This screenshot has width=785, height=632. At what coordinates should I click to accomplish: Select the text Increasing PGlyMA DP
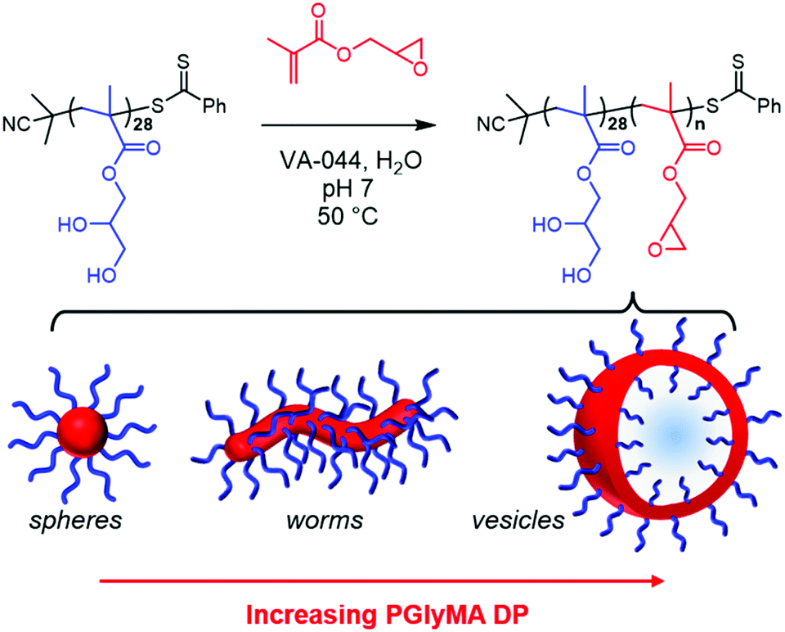coord(382,614)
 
